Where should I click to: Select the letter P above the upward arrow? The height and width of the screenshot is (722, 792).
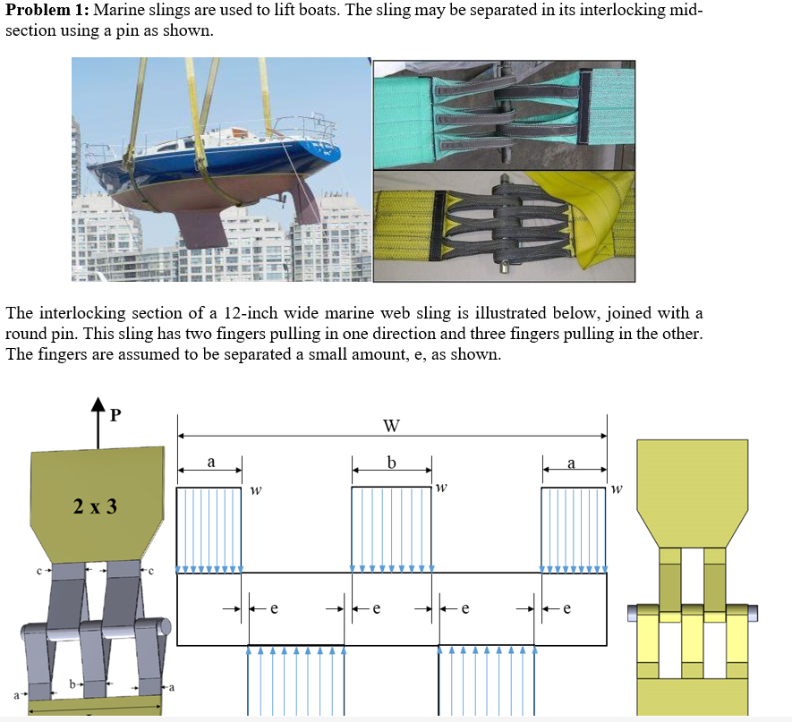tap(114, 415)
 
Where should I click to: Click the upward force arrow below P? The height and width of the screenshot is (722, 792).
tap(97, 429)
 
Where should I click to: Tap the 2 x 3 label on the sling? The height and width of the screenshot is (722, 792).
tap(95, 506)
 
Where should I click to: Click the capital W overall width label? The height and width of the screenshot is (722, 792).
tap(391, 425)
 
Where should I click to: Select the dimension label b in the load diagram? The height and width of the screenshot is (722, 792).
tap(391, 463)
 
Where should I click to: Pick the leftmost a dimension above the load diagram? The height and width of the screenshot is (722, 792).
tap(210, 463)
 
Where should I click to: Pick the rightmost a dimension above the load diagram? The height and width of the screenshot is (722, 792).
tap(573, 463)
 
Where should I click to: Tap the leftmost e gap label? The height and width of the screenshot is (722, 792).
tap(274, 609)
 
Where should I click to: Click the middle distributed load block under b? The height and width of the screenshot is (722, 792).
tap(392, 529)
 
